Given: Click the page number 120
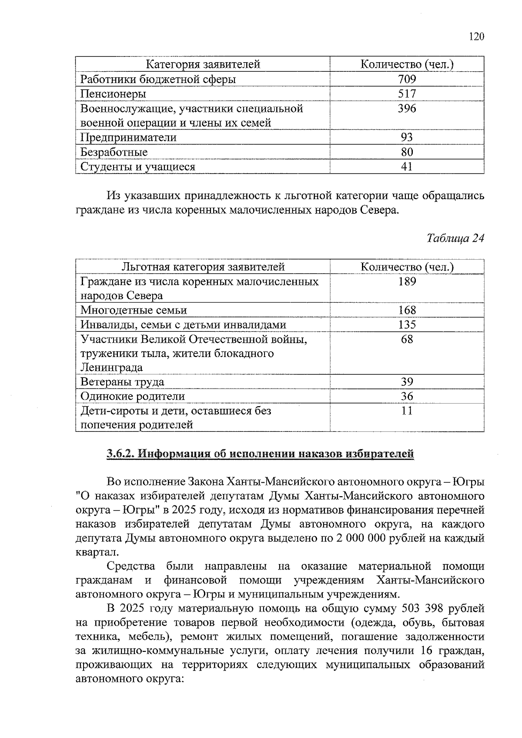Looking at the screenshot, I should [x=476, y=37].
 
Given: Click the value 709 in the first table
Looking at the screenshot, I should [x=407, y=79].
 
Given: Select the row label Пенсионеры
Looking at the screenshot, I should [x=113, y=94].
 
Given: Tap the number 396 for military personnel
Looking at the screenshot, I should [x=407, y=108].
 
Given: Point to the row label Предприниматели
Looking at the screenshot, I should [x=128, y=137].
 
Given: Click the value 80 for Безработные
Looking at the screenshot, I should [x=407, y=152].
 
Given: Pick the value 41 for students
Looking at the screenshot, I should [x=407, y=167].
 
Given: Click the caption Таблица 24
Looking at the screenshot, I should [x=455, y=238].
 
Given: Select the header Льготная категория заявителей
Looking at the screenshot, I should [x=203, y=267].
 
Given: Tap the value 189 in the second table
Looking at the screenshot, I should [x=407, y=281].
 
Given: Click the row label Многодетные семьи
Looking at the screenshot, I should [x=134, y=310].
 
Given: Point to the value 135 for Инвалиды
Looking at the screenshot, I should [x=407, y=324].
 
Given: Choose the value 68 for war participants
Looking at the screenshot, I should [x=407, y=339].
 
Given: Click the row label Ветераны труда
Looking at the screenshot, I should [x=122, y=382].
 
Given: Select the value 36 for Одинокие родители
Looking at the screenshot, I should [x=407, y=396].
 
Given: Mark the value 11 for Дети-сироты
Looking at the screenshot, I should [x=407, y=411].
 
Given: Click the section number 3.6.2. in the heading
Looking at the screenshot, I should [x=120, y=454].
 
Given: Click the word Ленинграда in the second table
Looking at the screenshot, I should [x=111, y=367].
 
